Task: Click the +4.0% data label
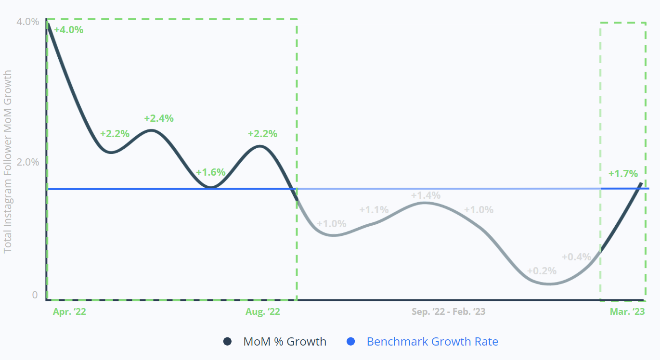tap(68, 30)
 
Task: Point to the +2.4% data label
tap(158, 118)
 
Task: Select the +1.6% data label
tap(210, 172)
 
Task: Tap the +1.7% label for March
tap(623, 174)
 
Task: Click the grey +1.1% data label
tap(374, 210)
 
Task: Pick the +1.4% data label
tap(426, 195)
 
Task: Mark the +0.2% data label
tap(542, 271)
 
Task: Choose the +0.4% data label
tap(576, 257)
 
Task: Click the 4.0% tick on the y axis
tap(27, 22)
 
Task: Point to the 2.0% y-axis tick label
tap(27, 162)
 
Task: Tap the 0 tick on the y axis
tap(35, 295)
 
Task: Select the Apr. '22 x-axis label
tap(70, 312)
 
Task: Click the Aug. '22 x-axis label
tap(262, 312)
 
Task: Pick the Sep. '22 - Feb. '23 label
tap(448, 312)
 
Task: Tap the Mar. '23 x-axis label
tap(627, 312)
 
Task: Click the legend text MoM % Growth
tap(285, 342)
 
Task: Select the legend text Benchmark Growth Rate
tap(432, 342)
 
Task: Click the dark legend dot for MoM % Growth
tap(228, 342)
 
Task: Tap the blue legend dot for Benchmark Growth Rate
tap(351, 342)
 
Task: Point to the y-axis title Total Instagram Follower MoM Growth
tap(8, 162)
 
